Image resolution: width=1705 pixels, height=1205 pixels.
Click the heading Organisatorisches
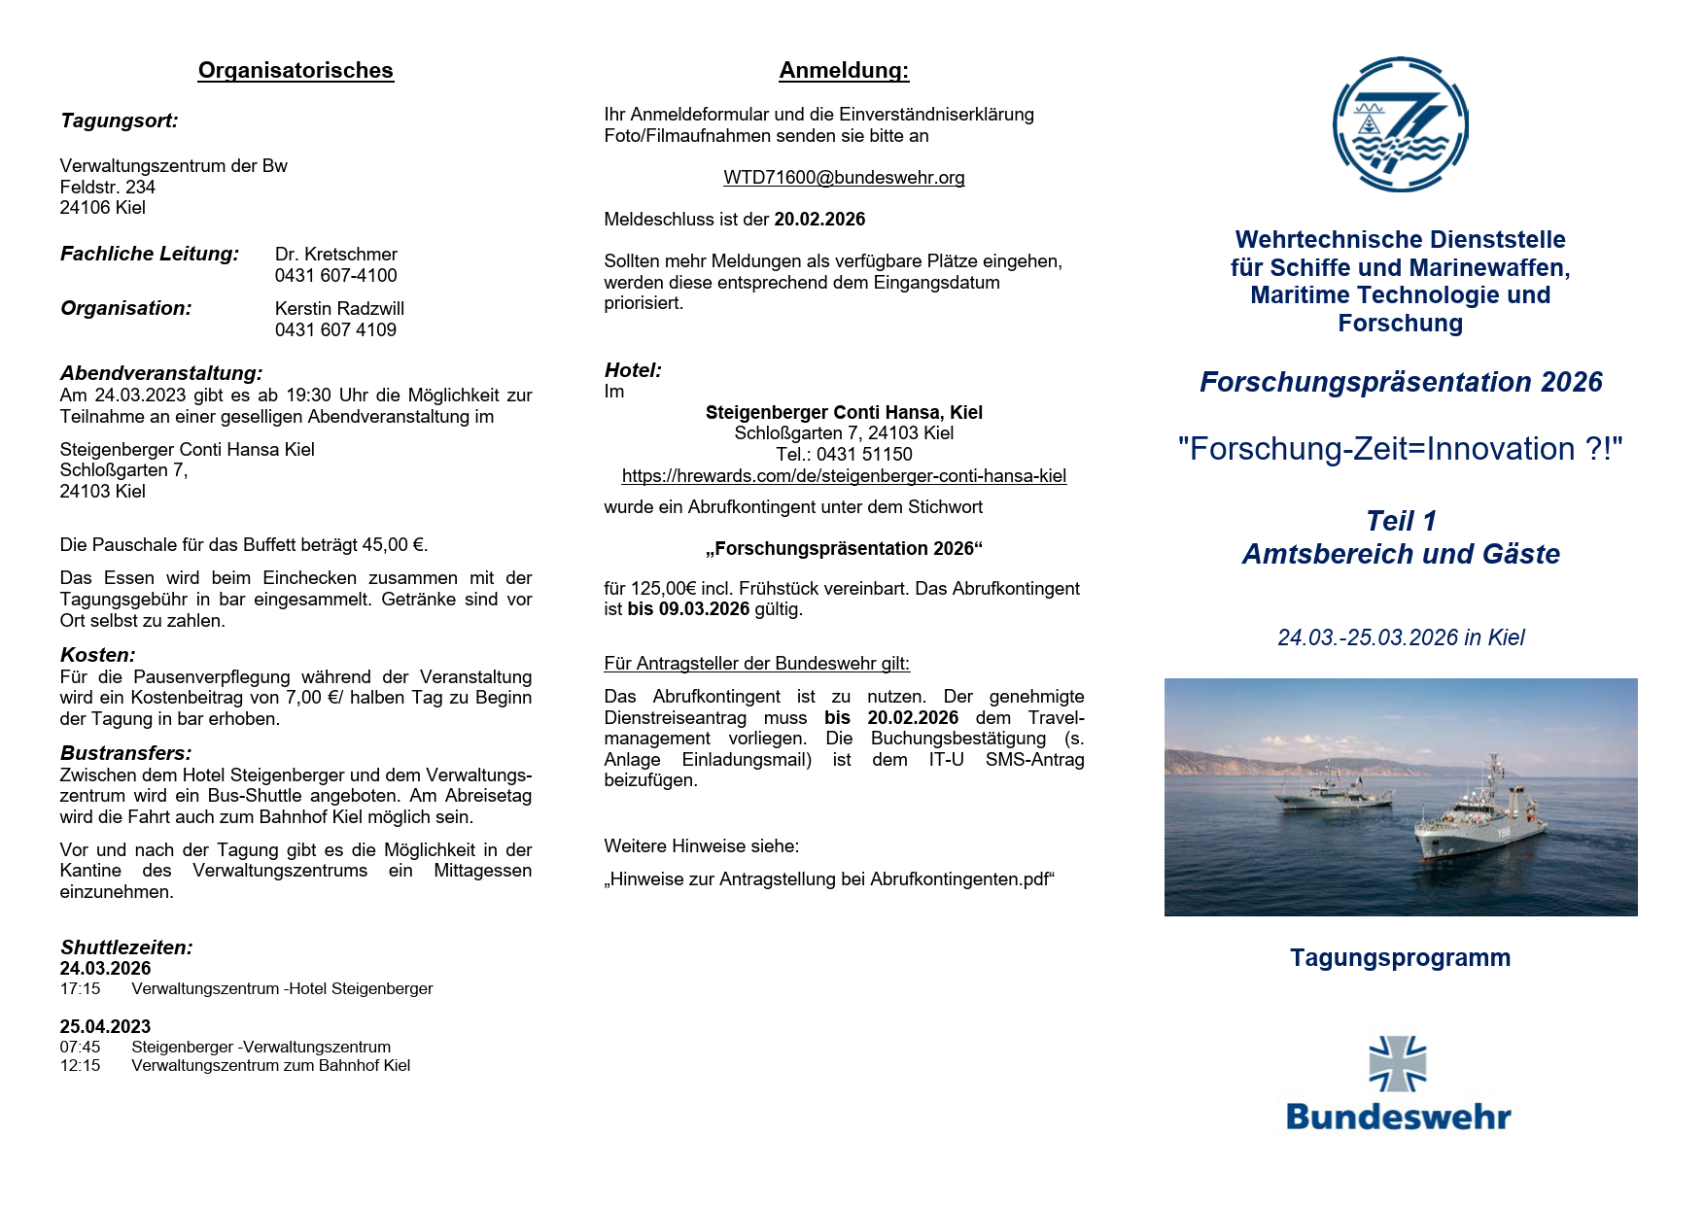[296, 71]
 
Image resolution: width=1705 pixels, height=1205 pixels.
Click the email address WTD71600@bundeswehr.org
[844, 178]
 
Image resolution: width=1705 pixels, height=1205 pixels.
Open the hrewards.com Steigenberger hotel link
[844, 476]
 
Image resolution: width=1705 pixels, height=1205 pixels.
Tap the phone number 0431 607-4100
[335, 276]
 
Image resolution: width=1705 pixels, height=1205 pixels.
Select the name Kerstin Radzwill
[339, 309]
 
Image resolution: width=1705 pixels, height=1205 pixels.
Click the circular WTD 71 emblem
[1400, 124]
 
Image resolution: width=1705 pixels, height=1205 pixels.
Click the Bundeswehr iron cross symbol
[1398, 1064]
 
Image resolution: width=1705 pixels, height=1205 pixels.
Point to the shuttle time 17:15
[80, 989]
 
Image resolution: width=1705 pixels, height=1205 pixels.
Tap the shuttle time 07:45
[80, 1048]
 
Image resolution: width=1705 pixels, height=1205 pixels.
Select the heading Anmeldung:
[844, 71]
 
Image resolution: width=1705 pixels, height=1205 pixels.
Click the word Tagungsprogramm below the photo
[1400, 958]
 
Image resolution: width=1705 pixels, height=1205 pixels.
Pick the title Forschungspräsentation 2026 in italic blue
[1400, 383]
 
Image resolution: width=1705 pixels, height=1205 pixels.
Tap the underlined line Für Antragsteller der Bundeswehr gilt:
[756, 664]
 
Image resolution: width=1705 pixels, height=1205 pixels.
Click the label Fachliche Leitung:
[150, 255]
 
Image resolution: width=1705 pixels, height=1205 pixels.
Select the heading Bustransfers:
[126, 753]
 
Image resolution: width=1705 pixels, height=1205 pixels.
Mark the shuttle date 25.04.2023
[105, 1027]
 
